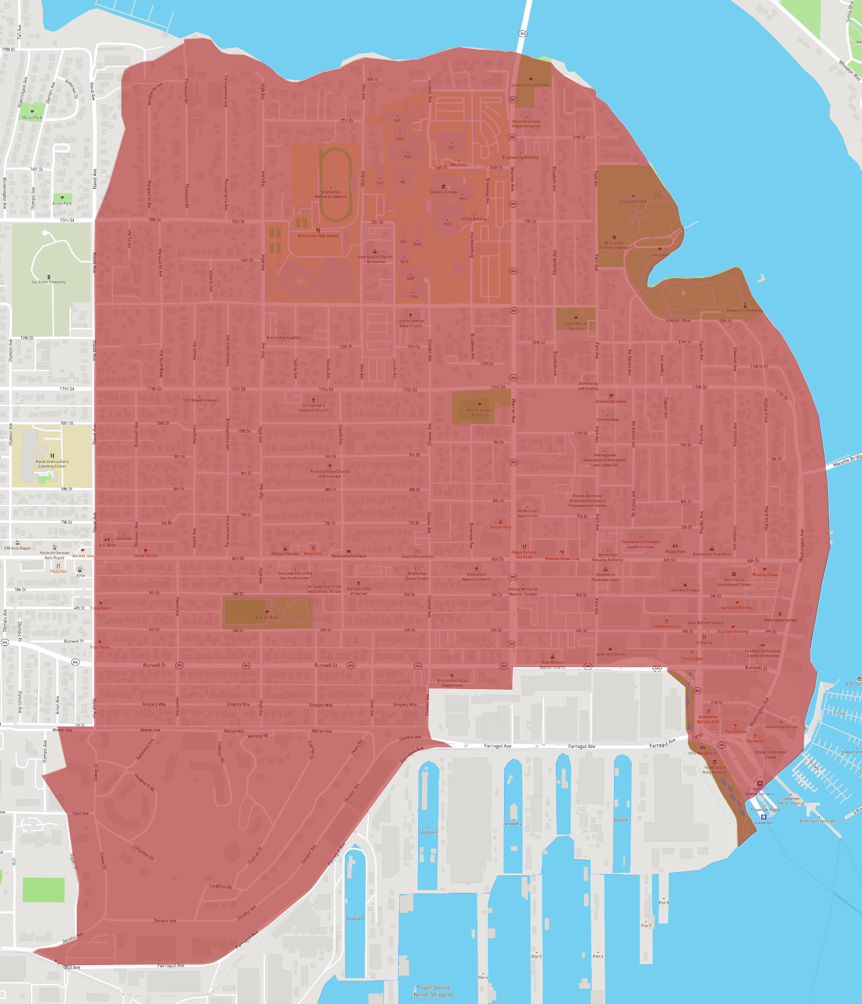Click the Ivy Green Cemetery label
(49, 282)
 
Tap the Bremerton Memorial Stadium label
(331, 195)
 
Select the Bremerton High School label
(318, 235)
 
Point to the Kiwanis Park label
(266, 617)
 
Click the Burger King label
(500, 527)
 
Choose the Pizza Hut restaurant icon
(58, 566)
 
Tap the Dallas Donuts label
(145, 555)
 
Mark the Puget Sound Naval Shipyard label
(433, 990)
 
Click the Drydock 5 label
(355, 919)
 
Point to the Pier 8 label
(664, 903)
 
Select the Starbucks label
(755, 741)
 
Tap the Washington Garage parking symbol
(780, 615)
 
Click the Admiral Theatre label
(685, 590)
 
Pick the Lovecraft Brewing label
(737, 607)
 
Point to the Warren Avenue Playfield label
(479, 412)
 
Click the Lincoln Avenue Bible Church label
(411, 323)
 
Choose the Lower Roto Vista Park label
(531, 85)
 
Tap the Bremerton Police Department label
(452, 683)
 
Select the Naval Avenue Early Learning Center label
(52, 464)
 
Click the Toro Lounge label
(692, 658)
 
